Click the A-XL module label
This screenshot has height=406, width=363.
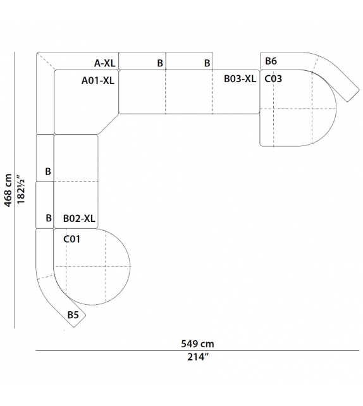pyautogui.click(x=104, y=63)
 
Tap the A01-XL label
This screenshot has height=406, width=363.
pyautogui.click(x=98, y=80)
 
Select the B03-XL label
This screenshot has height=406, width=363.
pyautogui.click(x=240, y=78)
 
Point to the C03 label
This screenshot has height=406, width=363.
pyautogui.click(x=273, y=78)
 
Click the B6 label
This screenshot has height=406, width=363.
pyautogui.click(x=271, y=61)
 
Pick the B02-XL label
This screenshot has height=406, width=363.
pyautogui.click(x=79, y=219)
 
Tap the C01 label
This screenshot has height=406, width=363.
pyautogui.click(x=71, y=239)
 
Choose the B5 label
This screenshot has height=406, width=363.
pyautogui.click(x=73, y=315)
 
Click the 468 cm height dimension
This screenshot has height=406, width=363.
pyautogui.click(x=8, y=190)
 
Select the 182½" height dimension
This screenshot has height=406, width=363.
pyautogui.click(x=21, y=190)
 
